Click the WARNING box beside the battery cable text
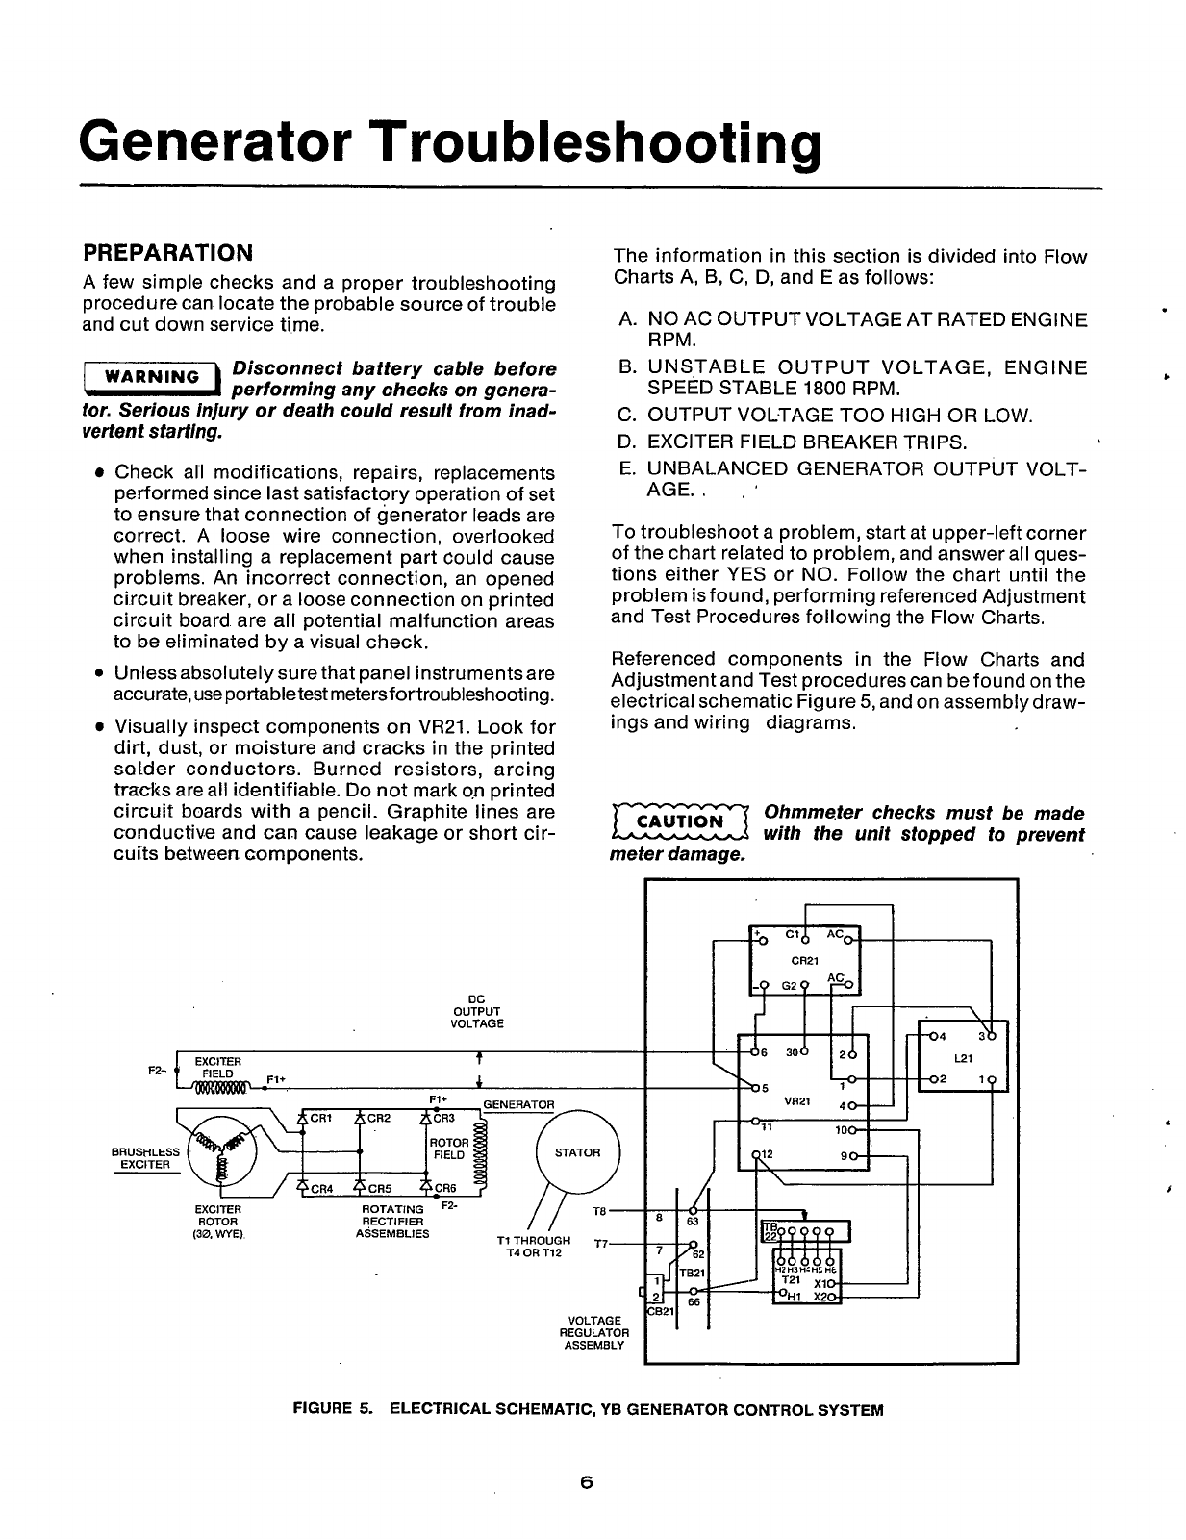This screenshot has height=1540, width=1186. point(151,377)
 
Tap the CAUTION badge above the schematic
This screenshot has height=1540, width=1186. point(679,821)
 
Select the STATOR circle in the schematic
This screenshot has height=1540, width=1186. point(577,1152)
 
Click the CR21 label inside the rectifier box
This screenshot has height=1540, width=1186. point(804,960)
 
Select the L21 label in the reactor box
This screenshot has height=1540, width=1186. point(965,1058)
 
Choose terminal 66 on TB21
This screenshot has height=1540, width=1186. point(692,1301)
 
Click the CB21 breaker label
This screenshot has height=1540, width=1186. point(661,1309)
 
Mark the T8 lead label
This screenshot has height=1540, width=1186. point(595,1209)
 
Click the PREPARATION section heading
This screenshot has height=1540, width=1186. point(167,253)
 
